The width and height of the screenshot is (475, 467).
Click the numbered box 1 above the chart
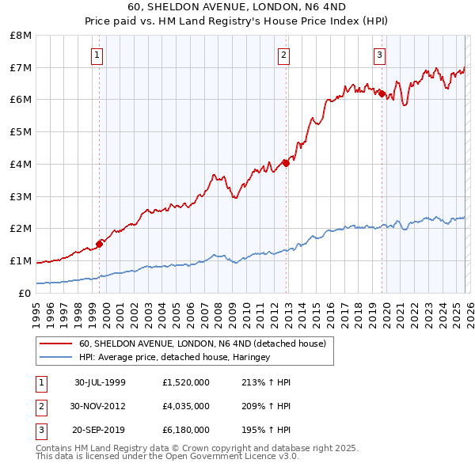coord(96,55)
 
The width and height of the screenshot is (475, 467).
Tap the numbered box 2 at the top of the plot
coord(283,55)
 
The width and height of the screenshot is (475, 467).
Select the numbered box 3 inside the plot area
coord(379,55)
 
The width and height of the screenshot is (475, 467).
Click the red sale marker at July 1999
coord(100,244)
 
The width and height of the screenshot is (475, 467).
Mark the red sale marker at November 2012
coord(286,163)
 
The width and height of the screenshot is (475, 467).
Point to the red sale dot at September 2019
coord(382,93)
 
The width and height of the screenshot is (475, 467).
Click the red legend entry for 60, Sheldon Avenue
coord(202,344)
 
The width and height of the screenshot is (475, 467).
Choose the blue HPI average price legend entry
coord(174,358)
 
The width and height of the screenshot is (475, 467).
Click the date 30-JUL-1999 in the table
coord(100,382)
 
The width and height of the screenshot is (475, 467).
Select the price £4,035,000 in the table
coord(185,406)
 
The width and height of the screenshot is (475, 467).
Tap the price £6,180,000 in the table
coord(185,430)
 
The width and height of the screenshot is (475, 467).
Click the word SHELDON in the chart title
coord(170,5)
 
